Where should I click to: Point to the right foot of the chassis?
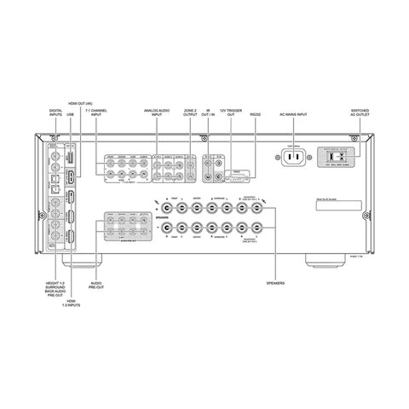click(x=320, y=258)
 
